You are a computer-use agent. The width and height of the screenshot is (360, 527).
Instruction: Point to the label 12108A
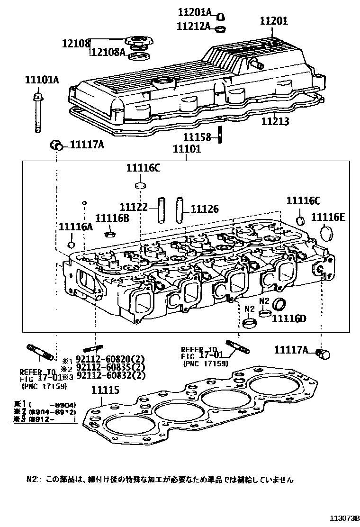(x=108, y=52)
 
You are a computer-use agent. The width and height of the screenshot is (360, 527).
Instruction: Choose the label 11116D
(x=289, y=318)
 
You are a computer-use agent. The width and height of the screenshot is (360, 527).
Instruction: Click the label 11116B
(x=112, y=218)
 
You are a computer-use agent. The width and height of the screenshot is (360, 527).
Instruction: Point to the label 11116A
(x=76, y=227)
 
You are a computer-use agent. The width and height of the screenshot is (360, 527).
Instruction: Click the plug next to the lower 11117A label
(x=324, y=353)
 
